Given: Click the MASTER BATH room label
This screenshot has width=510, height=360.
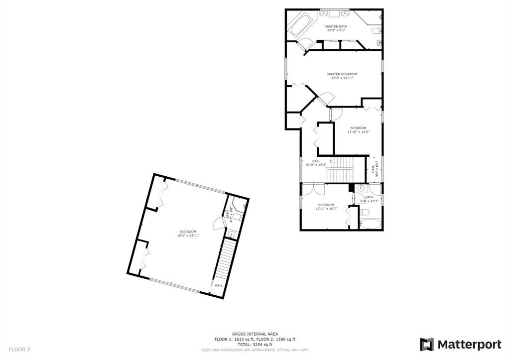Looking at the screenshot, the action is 336,26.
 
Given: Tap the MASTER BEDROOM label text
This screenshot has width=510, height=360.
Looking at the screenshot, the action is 342,74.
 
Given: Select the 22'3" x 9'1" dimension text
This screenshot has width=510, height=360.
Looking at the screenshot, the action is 336,30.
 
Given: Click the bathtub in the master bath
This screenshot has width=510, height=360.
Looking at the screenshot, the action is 300,26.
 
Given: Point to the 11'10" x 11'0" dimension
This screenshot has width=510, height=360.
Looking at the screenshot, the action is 358,132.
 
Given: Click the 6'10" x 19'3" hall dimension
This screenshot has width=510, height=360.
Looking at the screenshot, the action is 316,164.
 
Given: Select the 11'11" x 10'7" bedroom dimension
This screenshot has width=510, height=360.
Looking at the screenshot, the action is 326,209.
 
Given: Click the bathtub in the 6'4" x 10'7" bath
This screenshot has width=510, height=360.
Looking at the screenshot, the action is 370,224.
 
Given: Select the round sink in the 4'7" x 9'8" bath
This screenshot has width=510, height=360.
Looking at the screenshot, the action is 231,234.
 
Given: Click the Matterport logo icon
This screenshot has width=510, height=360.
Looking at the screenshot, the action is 426,345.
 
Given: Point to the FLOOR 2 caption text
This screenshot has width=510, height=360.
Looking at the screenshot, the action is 19,350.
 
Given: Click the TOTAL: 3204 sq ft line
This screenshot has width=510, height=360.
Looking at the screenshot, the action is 255,345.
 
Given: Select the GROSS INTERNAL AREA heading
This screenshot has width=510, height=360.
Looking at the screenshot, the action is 255,334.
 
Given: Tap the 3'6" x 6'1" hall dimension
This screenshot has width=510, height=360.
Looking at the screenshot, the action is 375,169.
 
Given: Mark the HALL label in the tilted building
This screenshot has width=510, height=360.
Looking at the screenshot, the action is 219,285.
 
